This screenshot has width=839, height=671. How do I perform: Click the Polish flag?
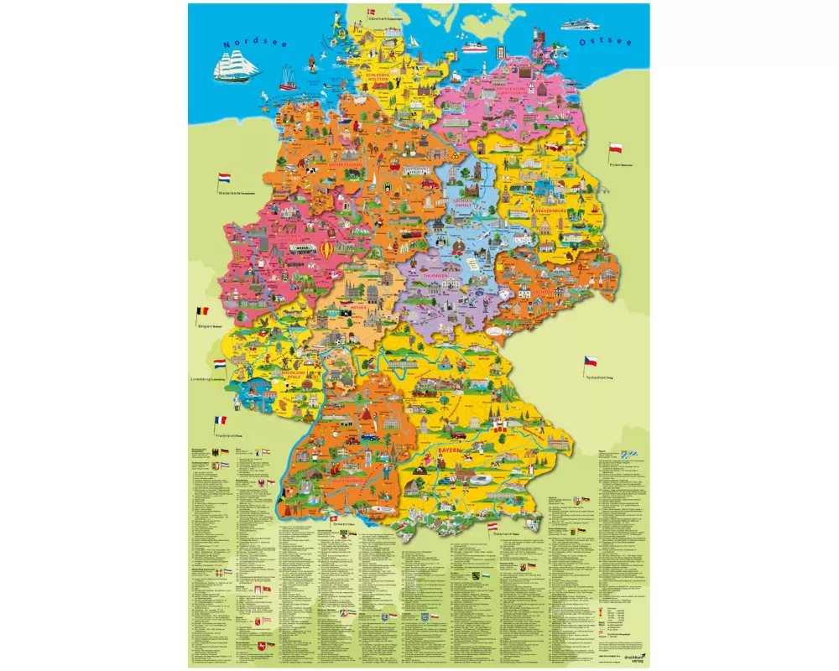pos(615,148)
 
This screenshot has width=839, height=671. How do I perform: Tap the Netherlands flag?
pos(224,179)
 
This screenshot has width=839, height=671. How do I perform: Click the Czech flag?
pos(590,362)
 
